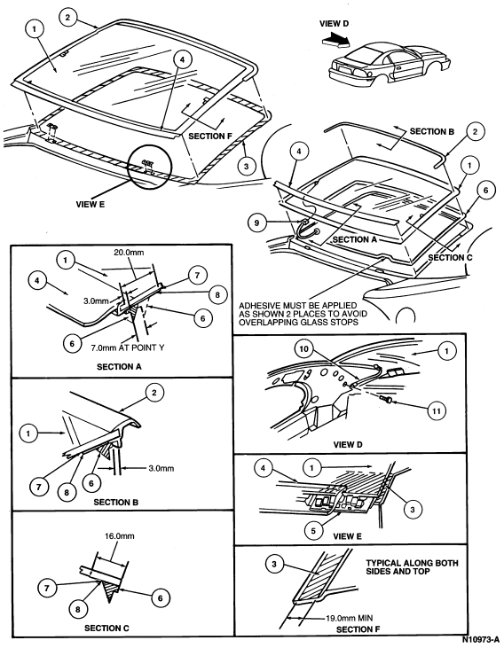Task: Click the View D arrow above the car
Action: point(336,40)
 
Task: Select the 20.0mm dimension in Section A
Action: point(129,252)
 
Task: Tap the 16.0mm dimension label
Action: point(119,536)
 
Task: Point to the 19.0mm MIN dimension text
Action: point(350,618)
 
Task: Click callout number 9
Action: point(257,223)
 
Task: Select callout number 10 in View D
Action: point(303,349)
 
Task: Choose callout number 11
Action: point(437,410)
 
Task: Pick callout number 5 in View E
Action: point(313,531)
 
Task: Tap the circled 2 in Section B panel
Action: point(154,392)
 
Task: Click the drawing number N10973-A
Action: point(480,639)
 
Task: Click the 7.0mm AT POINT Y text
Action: point(128,348)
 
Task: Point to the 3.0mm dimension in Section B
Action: point(161,468)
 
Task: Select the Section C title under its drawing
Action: point(106,628)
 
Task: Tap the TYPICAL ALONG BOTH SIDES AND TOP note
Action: point(412,567)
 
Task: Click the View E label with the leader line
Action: point(91,204)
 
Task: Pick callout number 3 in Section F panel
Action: point(274,564)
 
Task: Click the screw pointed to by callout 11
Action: point(386,399)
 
